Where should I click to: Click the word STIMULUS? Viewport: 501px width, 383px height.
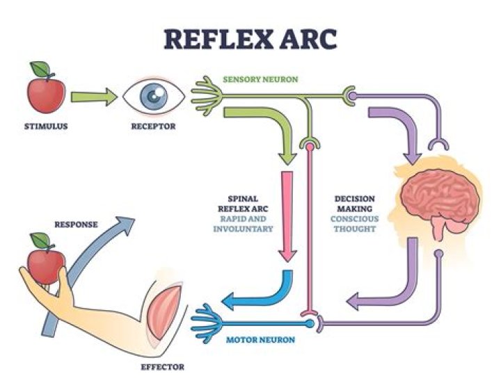coord(46,127)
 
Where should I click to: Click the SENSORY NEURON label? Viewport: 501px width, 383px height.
coord(260,79)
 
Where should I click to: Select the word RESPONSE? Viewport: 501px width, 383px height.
coord(77,225)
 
